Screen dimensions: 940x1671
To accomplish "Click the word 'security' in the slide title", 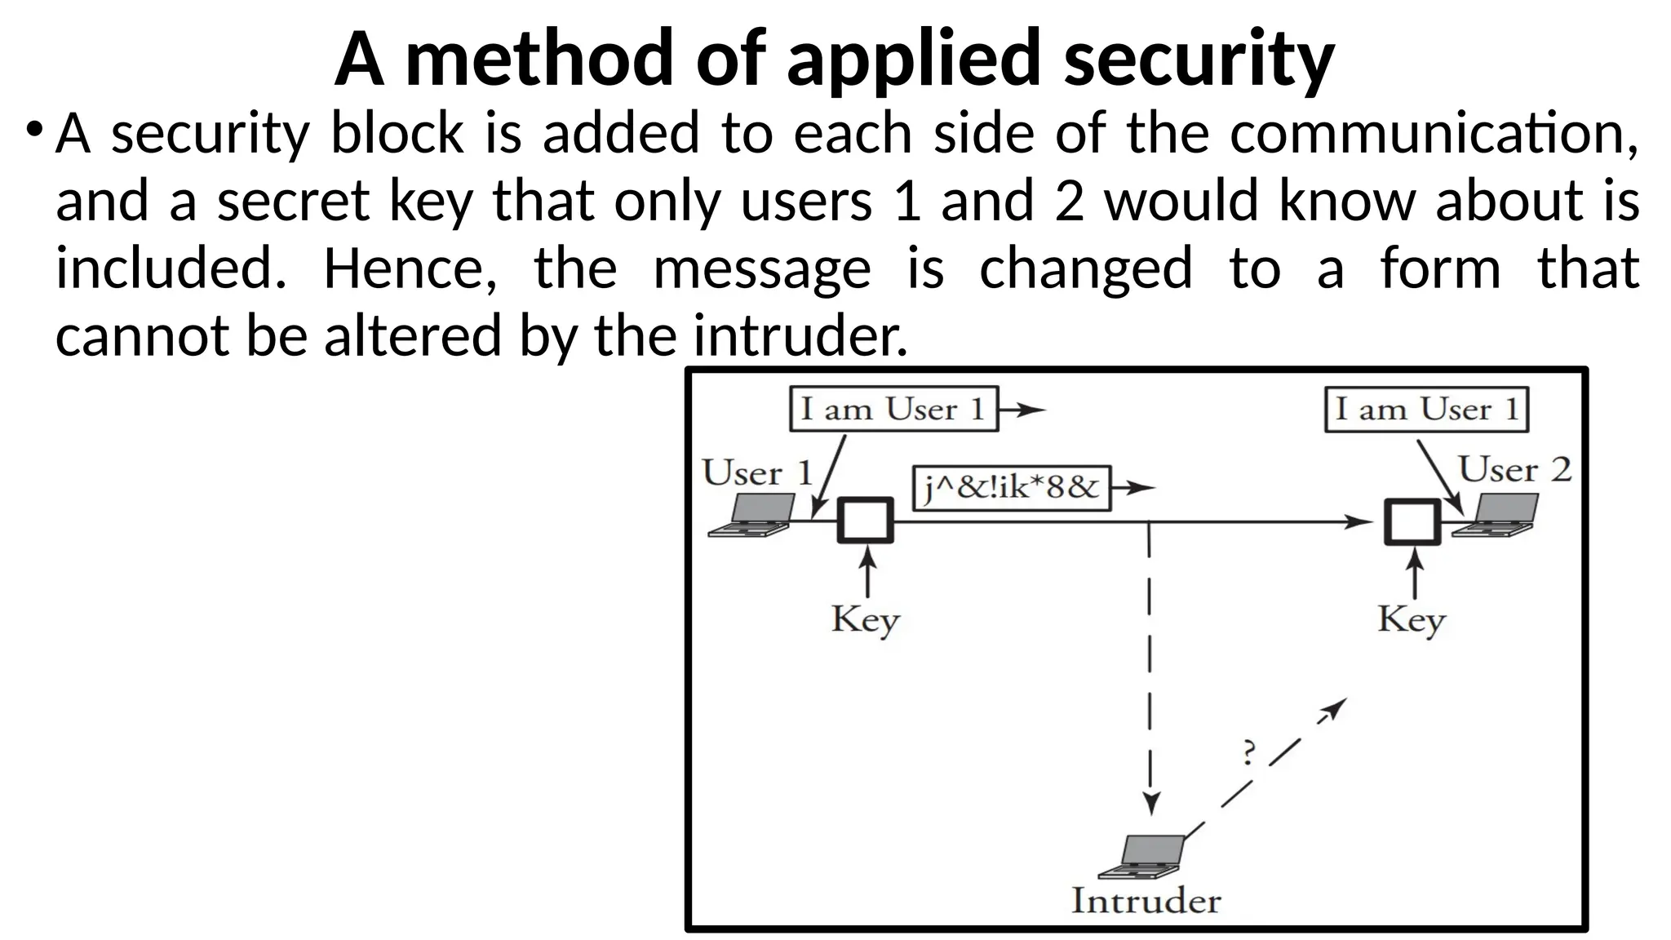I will point(1199,59).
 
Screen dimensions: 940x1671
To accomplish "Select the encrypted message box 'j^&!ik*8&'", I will point(1011,489).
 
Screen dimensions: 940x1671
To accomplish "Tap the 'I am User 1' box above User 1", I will point(893,409).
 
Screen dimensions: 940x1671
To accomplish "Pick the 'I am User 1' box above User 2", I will point(1426,410).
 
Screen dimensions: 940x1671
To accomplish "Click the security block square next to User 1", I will point(866,521).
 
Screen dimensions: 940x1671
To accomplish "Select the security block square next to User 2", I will point(1412,521).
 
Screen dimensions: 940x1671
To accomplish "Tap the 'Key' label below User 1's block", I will point(865,620).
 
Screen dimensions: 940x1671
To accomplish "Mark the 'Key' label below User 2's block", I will point(1412,620).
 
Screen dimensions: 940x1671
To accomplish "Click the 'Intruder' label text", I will point(1146,901).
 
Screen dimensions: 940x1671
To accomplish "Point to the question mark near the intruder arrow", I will point(1248,752).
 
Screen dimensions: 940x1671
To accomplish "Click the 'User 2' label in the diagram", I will point(1514,470).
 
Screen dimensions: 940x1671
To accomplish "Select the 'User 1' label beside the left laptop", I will point(757,473).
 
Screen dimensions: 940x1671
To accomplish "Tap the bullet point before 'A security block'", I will point(33,131).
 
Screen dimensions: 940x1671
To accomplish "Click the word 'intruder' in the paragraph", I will point(800,335).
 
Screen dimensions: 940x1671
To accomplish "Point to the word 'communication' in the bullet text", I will point(1433,134).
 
